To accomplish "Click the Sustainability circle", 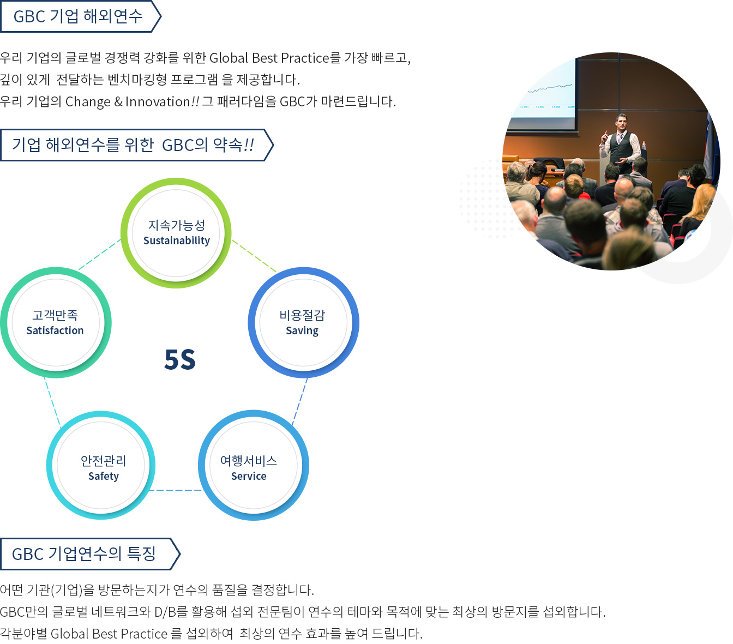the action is coord(176,233).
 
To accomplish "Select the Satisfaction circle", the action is coord(56,322).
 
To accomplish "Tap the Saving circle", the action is coord(303,322).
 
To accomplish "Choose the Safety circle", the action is coord(101,465).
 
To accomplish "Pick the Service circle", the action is coord(253,465).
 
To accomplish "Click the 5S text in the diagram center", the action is coord(180,360).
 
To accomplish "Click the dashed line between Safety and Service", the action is coord(176,490).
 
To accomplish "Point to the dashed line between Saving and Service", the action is coord(299,401).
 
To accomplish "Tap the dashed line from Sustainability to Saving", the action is coord(254,255).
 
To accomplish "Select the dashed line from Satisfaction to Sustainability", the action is coord(100,254).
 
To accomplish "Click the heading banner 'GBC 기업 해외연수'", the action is coord(80,16).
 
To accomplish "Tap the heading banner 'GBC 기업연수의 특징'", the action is coord(90,553).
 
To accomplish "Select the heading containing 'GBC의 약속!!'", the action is coord(137,145).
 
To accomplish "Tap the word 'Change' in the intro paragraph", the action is coord(88,102).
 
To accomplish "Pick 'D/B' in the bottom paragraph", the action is coord(165,612).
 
